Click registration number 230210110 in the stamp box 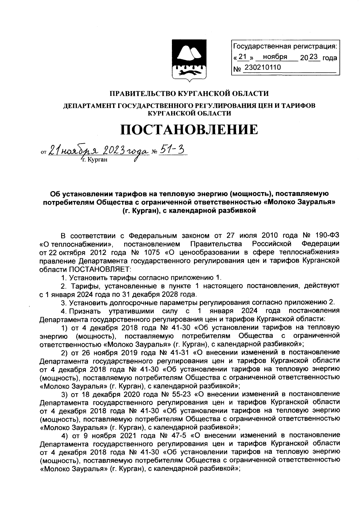[262, 68]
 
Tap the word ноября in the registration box [275, 57]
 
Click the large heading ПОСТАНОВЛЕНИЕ [189, 129]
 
